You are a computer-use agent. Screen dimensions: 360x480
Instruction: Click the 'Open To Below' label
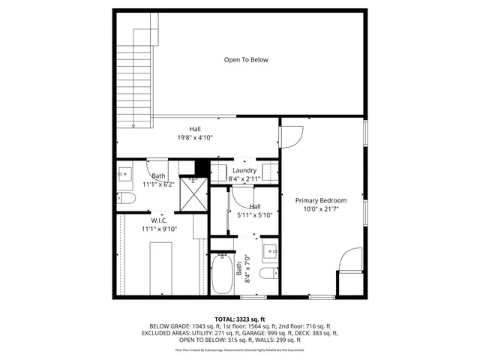click(x=246, y=60)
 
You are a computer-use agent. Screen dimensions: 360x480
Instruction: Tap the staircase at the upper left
click(x=143, y=75)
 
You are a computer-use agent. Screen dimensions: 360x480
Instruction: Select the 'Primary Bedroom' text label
click(x=320, y=200)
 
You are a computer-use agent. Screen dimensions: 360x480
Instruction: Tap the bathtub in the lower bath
click(x=222, y=275)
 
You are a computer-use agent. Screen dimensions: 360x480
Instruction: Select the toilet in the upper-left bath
click(x=126, y=198)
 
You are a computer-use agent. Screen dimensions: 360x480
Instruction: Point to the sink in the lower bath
click(x=271, y=249)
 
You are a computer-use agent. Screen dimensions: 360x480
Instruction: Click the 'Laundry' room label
click(x=244, y=170)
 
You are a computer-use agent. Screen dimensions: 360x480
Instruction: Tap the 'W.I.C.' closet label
click(x=159, y=220)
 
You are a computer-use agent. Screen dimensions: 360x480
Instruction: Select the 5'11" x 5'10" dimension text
click(x=255, y=215)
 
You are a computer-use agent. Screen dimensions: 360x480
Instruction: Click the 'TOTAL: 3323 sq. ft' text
click(x=240, y=319)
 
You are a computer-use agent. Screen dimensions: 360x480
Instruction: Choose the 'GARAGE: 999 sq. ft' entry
click(x=277, y=333)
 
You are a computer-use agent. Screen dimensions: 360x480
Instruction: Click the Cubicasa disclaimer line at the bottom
click(x=240, y=349)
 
